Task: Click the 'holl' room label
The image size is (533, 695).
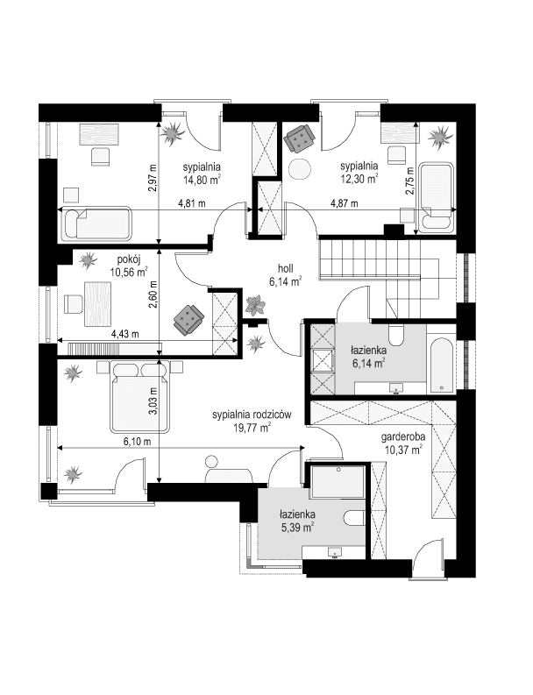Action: [x=284, y=269]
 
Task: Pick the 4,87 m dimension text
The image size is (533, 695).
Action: [x=345, y=204]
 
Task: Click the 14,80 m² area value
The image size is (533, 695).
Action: [x=201, y=180]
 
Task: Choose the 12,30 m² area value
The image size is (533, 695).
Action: [x=359, y=177]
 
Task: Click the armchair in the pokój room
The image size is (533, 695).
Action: [x=188, y=319]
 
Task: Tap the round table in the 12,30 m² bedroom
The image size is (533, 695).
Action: [x=301, y=167]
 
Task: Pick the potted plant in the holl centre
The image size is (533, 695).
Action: [x=255, y=306]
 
